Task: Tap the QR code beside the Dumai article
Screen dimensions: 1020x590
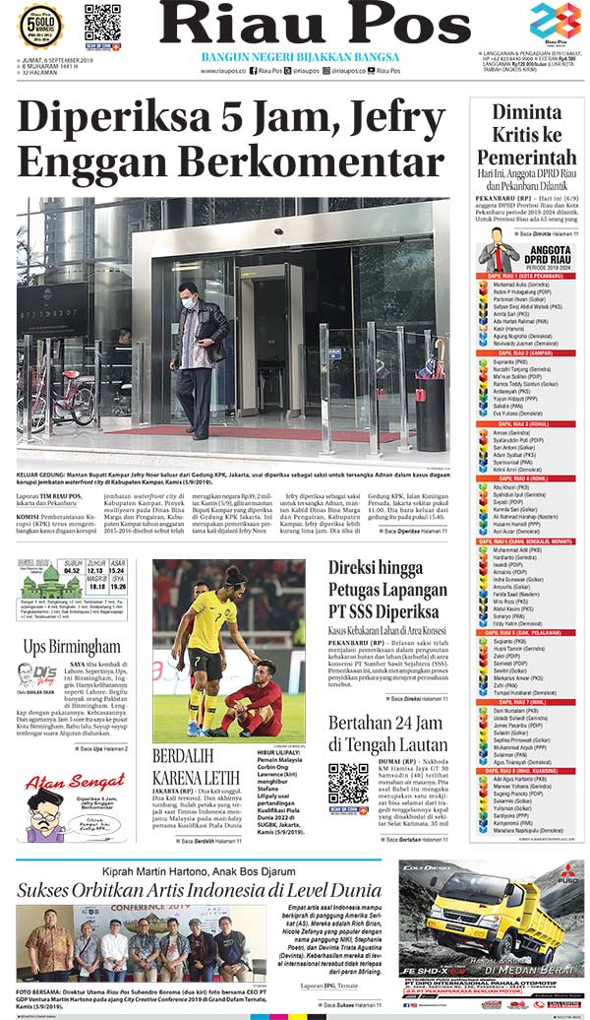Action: click(347, 788)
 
